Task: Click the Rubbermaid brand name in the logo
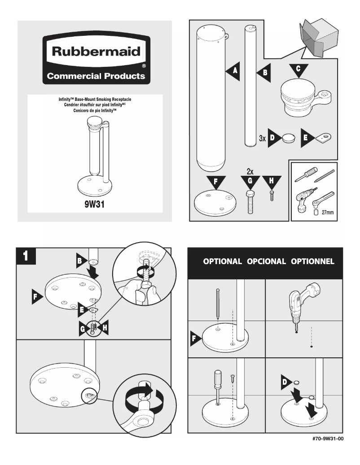(x=96, y=51)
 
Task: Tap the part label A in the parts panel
(x=233, y=71)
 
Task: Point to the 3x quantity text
(x=263, y=139)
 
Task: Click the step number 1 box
(x=26, y=256)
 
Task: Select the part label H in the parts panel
(x=271, y=181)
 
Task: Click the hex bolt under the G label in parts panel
(x=250, y=202)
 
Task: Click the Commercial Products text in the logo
(x=96, y=76)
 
